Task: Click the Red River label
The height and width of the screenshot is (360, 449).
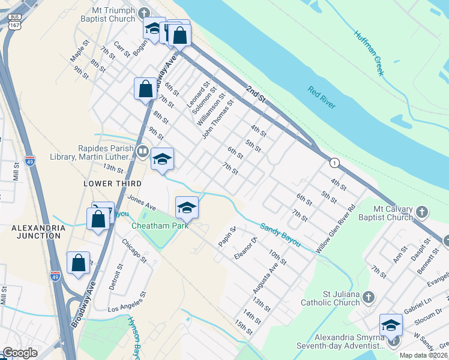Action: [x=322, y=98]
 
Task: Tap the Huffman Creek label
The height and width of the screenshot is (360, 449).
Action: [x=368, y=53]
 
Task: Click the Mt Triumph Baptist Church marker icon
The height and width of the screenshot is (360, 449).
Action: [x=143, y=13]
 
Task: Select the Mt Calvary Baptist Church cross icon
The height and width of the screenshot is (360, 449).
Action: [x=422, y=212]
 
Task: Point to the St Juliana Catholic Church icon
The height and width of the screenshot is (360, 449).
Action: [x=369, y=297]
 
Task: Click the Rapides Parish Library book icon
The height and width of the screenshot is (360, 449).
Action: [x=142, y=151]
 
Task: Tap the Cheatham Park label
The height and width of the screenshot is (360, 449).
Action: [x=160, y=226]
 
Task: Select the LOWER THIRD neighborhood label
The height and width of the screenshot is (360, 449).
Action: [x=113, y=184]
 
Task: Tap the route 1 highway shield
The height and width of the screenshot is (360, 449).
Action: [x=334, y=163]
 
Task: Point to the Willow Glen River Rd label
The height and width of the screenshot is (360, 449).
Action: [x=339, y=229]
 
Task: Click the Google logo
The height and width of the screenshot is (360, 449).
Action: [x=20, y=353]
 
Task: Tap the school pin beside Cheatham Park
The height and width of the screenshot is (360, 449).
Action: [x=187, y=208]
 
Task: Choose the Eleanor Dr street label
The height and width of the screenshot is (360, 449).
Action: [x=246, y=248]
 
